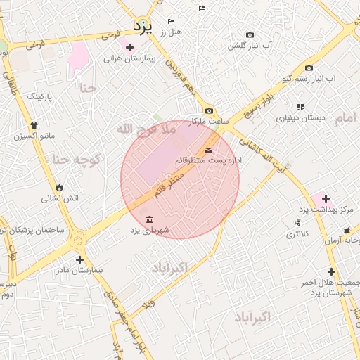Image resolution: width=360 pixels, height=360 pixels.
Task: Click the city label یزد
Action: pos(143,27)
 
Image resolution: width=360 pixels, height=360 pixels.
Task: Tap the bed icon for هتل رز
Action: pos(171,22)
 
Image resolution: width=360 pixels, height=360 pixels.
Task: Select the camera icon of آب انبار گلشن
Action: pos(250,34)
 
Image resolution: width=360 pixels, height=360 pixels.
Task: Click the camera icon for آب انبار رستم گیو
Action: pos(309,68)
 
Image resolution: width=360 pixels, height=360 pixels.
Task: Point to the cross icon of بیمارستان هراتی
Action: pos(129,48)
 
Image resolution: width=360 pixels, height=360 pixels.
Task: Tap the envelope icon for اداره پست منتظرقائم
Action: pos(209,150)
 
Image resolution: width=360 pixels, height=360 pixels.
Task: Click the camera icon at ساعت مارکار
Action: pos(209,110)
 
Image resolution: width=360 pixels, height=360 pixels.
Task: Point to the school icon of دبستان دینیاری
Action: pos(300,107)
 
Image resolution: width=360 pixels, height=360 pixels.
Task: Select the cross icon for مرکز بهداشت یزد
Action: pos(326,199)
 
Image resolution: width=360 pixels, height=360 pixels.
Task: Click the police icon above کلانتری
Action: pos(296,223)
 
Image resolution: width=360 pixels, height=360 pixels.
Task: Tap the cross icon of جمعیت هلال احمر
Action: pos(331,271)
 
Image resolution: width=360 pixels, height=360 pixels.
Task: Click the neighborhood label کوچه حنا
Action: pos(75,160)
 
